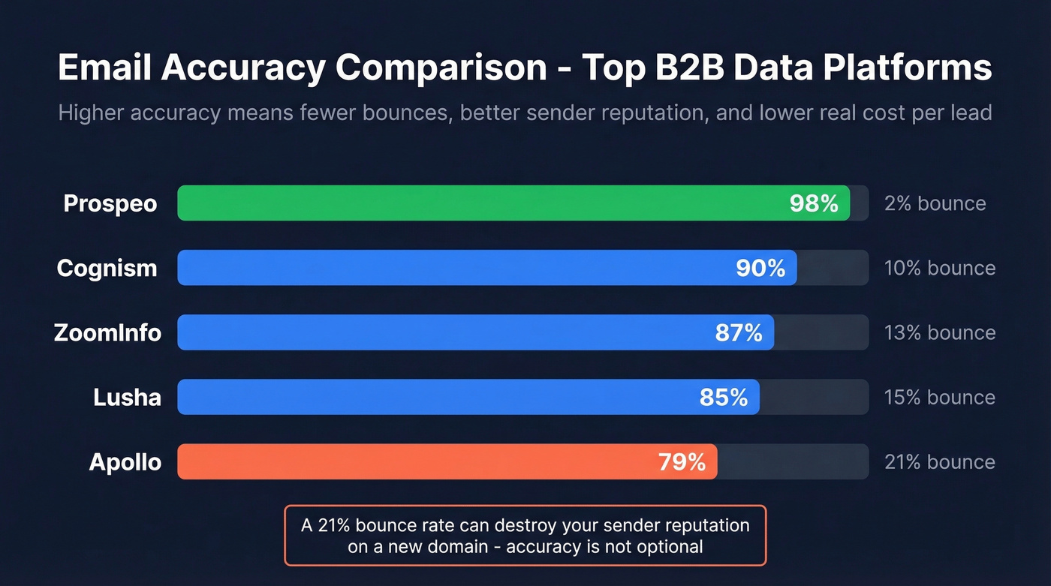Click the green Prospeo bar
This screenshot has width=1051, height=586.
click(x=480, y=203)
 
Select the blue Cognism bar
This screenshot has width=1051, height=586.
click(x=450, y=268)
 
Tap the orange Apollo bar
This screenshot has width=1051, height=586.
click(x=413, y=461)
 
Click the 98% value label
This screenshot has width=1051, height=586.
click(x=814, y=203)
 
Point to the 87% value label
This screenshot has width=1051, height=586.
click(x=739, y=332)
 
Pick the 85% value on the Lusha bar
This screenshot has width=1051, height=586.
click(x=724, y=397)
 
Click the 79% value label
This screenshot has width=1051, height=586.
click(x=682, y=461)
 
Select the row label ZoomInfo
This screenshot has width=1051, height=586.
click(x=107, y=332)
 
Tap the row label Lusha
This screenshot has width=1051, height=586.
click(x=127, y=397)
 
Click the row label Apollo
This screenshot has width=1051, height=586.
click(x=125, y=461)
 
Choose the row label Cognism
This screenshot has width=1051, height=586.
click(x=107, y=268)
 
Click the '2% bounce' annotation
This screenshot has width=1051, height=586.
click(x=935, y=203)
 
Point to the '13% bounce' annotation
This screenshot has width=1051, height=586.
click(x=940, y=332)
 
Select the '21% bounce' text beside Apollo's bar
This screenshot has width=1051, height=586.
click(x=940, y=461)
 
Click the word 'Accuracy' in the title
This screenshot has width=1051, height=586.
click(x=242, y=69)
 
